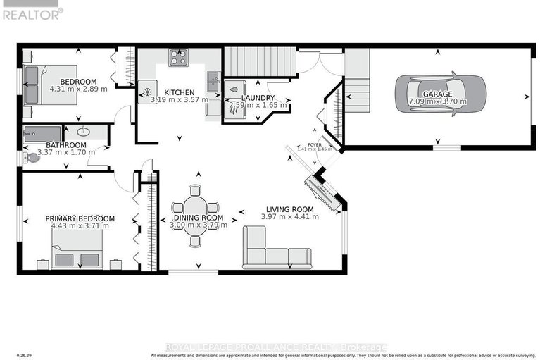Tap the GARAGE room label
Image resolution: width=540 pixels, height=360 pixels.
point(438,94)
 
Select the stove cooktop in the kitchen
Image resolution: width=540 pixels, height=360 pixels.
point(178,56)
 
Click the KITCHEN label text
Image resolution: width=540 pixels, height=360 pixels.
point(180,92)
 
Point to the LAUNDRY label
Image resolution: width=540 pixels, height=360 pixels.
point(258,98)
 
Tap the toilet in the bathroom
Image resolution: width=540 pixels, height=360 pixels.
point(30,157)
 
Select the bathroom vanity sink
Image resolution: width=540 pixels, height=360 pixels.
point(84,131)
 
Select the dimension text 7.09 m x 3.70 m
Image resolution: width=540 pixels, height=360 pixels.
point(438,101)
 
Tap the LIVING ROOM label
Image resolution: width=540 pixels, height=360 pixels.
point(289,209)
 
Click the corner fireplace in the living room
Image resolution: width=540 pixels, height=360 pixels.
point(324,192)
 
